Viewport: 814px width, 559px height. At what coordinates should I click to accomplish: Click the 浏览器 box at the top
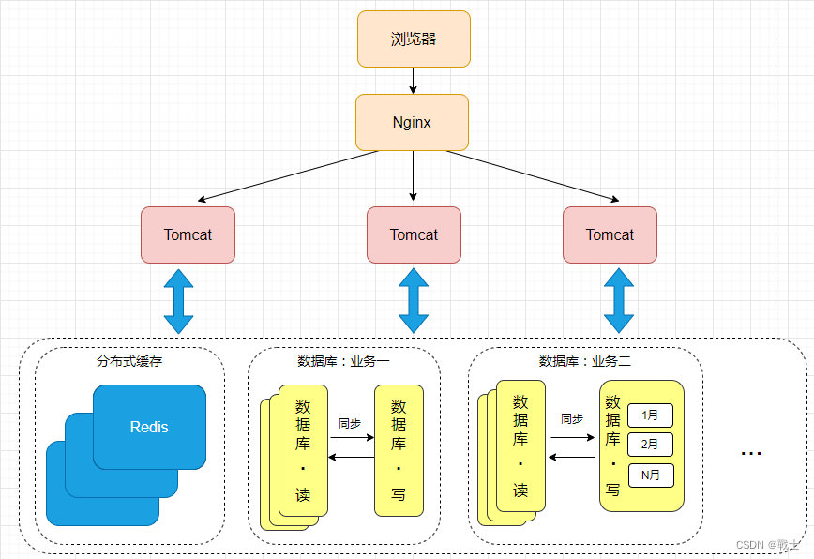[414, 39]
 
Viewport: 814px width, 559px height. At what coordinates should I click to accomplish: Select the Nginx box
[413, 123]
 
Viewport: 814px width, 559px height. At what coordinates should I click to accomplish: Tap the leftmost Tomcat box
[188, 235]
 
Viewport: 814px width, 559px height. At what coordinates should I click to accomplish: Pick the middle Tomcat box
[414, 235]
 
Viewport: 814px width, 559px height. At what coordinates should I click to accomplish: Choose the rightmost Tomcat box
[610, 235]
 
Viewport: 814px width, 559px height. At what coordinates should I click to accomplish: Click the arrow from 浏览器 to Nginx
[414, 81]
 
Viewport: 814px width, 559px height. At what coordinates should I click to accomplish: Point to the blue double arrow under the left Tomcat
[178, 301]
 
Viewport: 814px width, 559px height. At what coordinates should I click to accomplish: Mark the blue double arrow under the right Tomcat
[619, 300]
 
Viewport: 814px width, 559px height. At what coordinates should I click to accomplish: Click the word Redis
[149, 427]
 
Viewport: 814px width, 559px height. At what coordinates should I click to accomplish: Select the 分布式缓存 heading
[129, 361]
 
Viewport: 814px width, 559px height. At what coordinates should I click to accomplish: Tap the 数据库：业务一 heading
[343, 361]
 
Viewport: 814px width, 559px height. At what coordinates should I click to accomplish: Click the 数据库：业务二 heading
[585, 361]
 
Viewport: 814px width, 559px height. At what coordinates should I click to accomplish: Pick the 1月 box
[651, 415]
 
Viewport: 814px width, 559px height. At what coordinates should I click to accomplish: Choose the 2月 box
[651, 445]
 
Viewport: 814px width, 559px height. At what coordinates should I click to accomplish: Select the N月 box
[651, 476]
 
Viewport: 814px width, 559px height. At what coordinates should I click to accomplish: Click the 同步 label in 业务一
[350, 424]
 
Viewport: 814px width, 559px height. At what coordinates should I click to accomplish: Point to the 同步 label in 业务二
[572, 419]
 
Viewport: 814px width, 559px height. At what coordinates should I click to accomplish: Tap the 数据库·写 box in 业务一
[399, 450]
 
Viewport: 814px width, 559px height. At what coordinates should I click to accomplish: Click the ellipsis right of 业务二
[751, 454]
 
